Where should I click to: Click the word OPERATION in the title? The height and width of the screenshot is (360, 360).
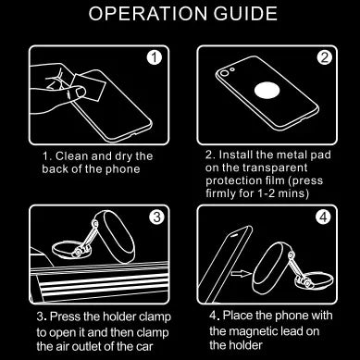click(x=148, y=13)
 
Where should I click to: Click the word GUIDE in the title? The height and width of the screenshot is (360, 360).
click(x=246, y=13)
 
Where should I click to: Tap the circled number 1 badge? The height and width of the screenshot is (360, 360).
click(x=155, y=58)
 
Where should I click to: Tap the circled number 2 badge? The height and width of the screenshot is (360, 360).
click(x=324, y=57)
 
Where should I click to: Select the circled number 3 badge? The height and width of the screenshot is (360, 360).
click(x=156, y=217)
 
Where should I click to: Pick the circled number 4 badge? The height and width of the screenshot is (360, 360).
click(x=323, y=217)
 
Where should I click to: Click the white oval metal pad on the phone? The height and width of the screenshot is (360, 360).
click(x=267, y=91)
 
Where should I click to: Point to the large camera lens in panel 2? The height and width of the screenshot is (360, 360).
click(x=224, y=74)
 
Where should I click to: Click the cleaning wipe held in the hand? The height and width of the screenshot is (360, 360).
click(x=88, y=86)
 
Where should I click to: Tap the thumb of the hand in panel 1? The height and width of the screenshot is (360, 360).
click(x=76, y=93)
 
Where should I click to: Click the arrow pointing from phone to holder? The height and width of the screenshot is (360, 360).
click(x=242, y=273)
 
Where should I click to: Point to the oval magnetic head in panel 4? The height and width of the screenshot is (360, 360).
click(x=271, y=267)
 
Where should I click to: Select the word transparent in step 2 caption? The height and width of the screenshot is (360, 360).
click(x=275, y=168)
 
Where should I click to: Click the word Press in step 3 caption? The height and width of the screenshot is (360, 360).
click(x=64, y=317)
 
